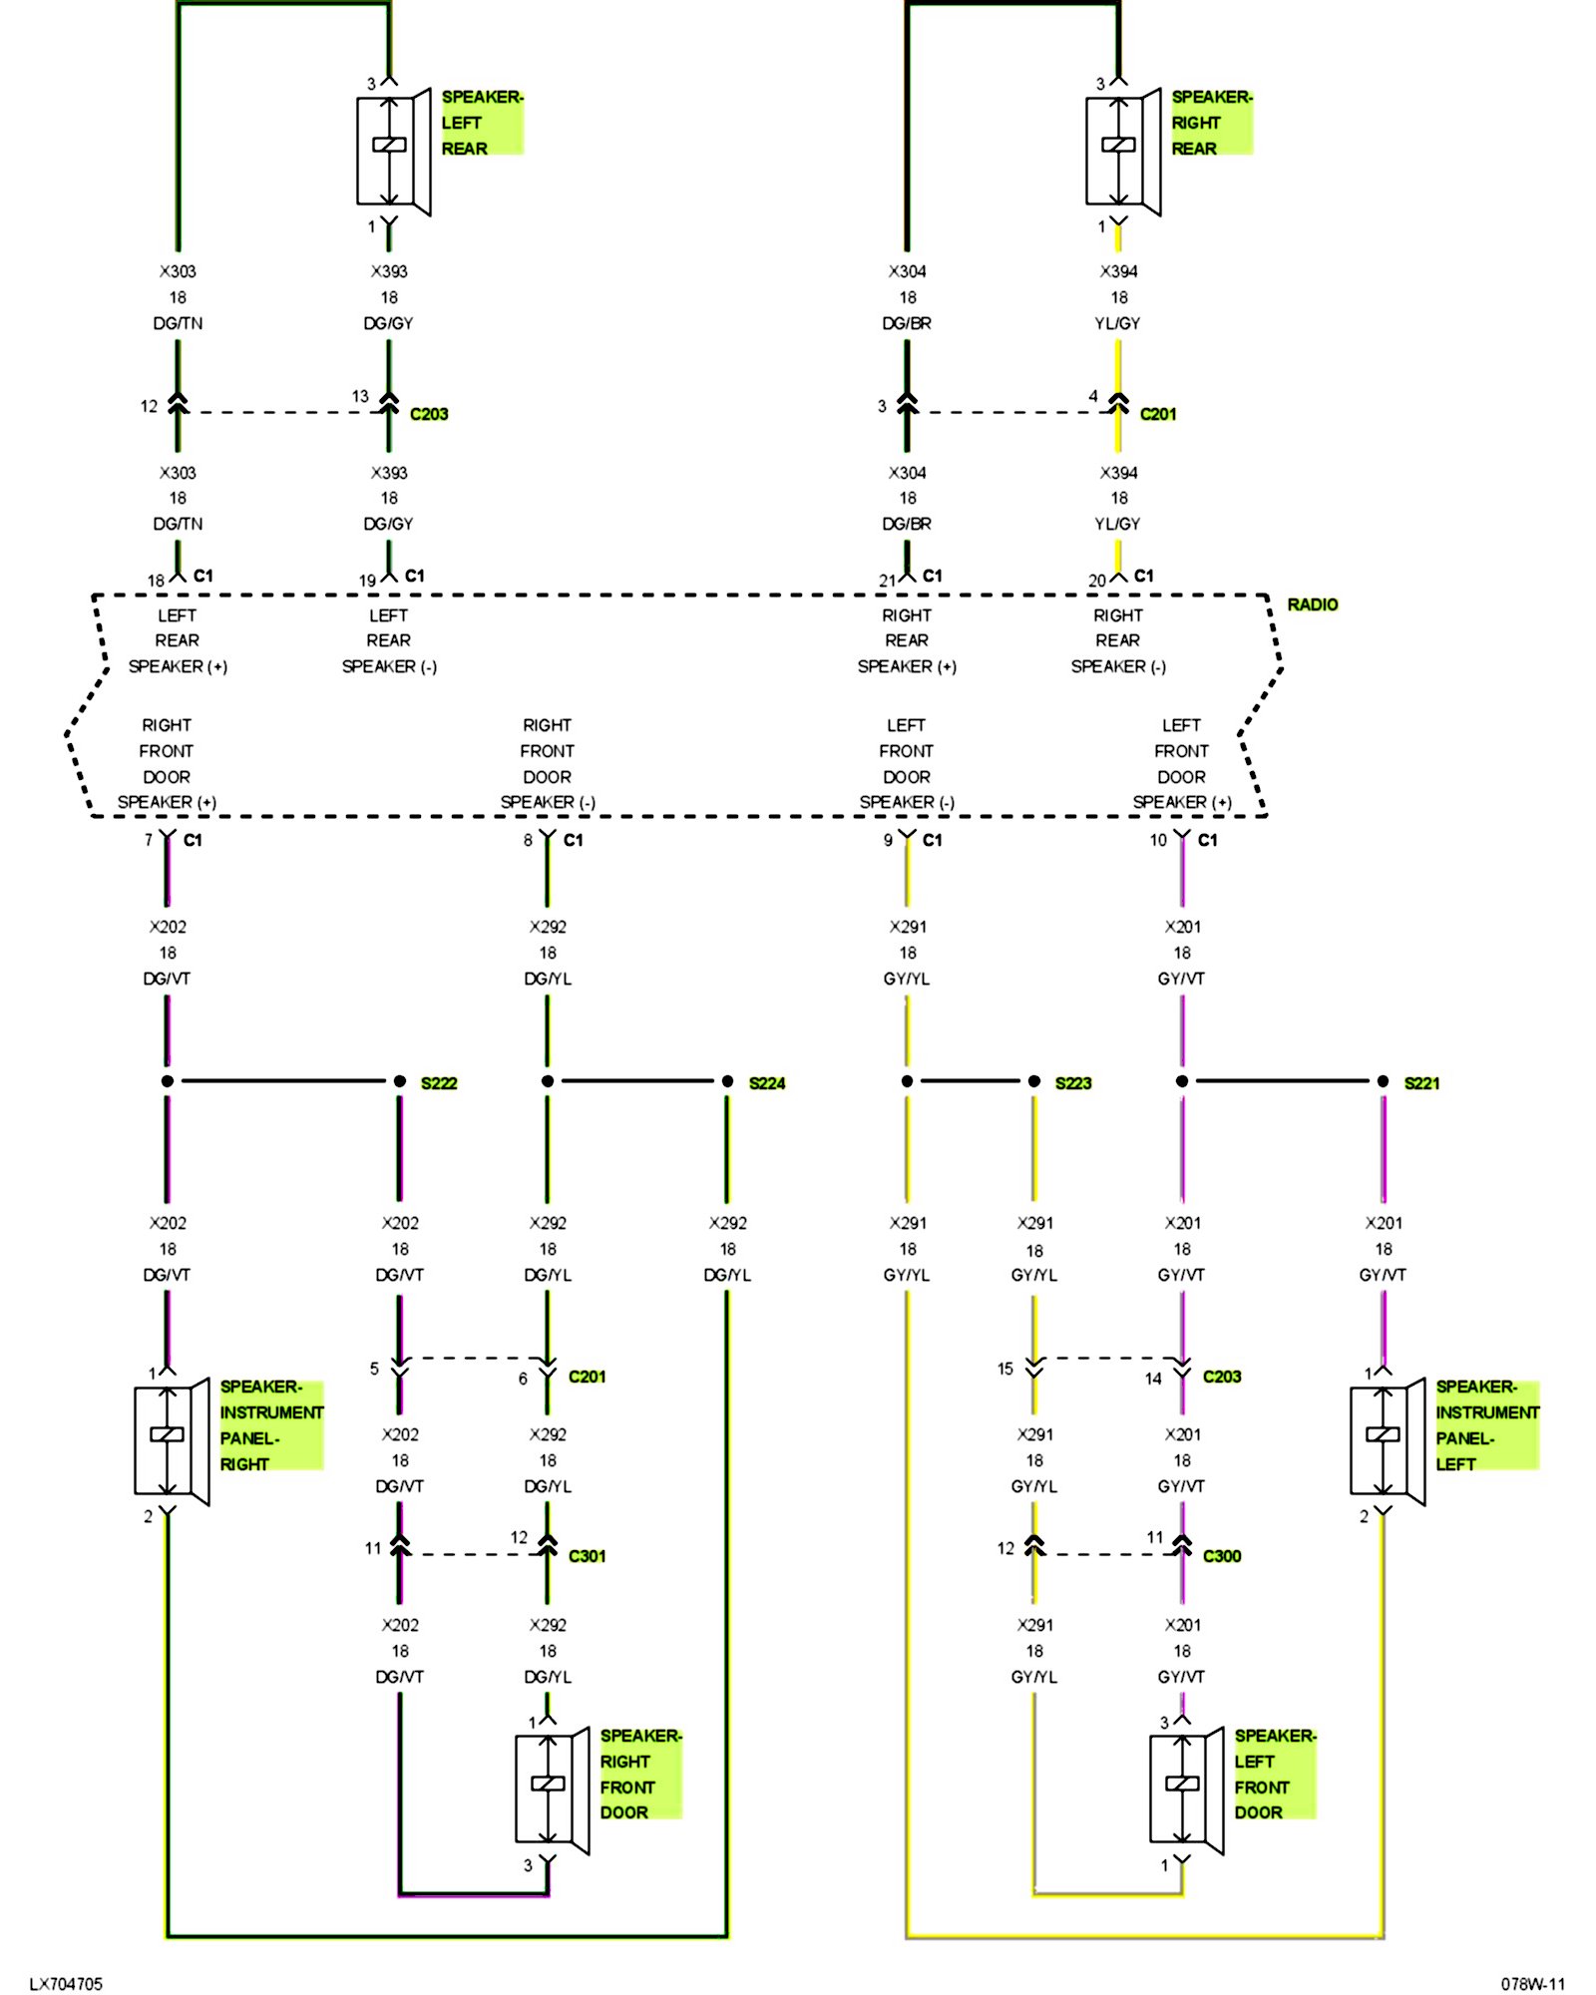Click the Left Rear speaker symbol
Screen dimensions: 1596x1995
pos(394,152)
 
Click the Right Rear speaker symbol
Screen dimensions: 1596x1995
pos(1124,152)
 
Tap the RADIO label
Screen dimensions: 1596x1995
pos(1313,604)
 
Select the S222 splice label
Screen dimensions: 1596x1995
pos(439,1083)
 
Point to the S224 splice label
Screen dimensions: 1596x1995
pos(767,1083)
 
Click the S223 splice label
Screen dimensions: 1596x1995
pos(1073,1083)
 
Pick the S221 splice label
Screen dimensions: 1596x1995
pos(1421,1083)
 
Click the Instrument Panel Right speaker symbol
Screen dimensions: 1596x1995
pos(172,1441)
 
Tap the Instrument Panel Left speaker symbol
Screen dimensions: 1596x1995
pos(1388,1441)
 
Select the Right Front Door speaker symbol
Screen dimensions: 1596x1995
pos(553,1791)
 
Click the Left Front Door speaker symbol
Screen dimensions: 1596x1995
pos(1187,1791)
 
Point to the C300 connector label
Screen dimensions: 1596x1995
pos(1222,1556)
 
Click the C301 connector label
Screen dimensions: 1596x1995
pos(587,1556)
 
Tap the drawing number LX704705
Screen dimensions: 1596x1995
pos(66,1984)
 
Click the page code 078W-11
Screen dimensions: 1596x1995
pos(1533,1984)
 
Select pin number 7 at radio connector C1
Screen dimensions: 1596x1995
pos(149,840)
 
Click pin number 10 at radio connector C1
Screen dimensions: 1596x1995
pos(1157,840)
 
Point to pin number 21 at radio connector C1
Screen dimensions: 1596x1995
pos(887,581)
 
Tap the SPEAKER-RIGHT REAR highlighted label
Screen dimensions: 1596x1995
pos(1211,123)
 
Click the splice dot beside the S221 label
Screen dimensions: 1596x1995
pos(1383,1081)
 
